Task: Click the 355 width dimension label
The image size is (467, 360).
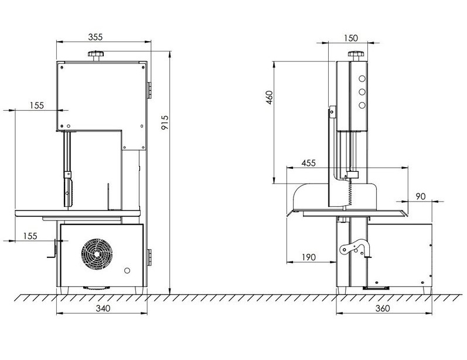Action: click(x=96, y=37)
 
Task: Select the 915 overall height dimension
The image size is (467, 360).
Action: click(x=165, y=123)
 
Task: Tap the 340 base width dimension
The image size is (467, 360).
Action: click(x=103, y=308)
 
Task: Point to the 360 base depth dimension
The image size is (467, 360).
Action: click(x=383, y=308)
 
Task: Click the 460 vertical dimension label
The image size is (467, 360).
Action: click(x=269, y=97)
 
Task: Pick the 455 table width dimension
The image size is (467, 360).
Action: click(x=309, y=164)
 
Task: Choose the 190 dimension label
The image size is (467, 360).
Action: click(x=309, y=257)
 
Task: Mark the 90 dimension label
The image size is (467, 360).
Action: click(x=421, y=196)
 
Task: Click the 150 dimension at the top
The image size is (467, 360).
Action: click(x=351, y=38)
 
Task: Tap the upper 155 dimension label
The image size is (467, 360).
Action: click(x=37, y=106)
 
